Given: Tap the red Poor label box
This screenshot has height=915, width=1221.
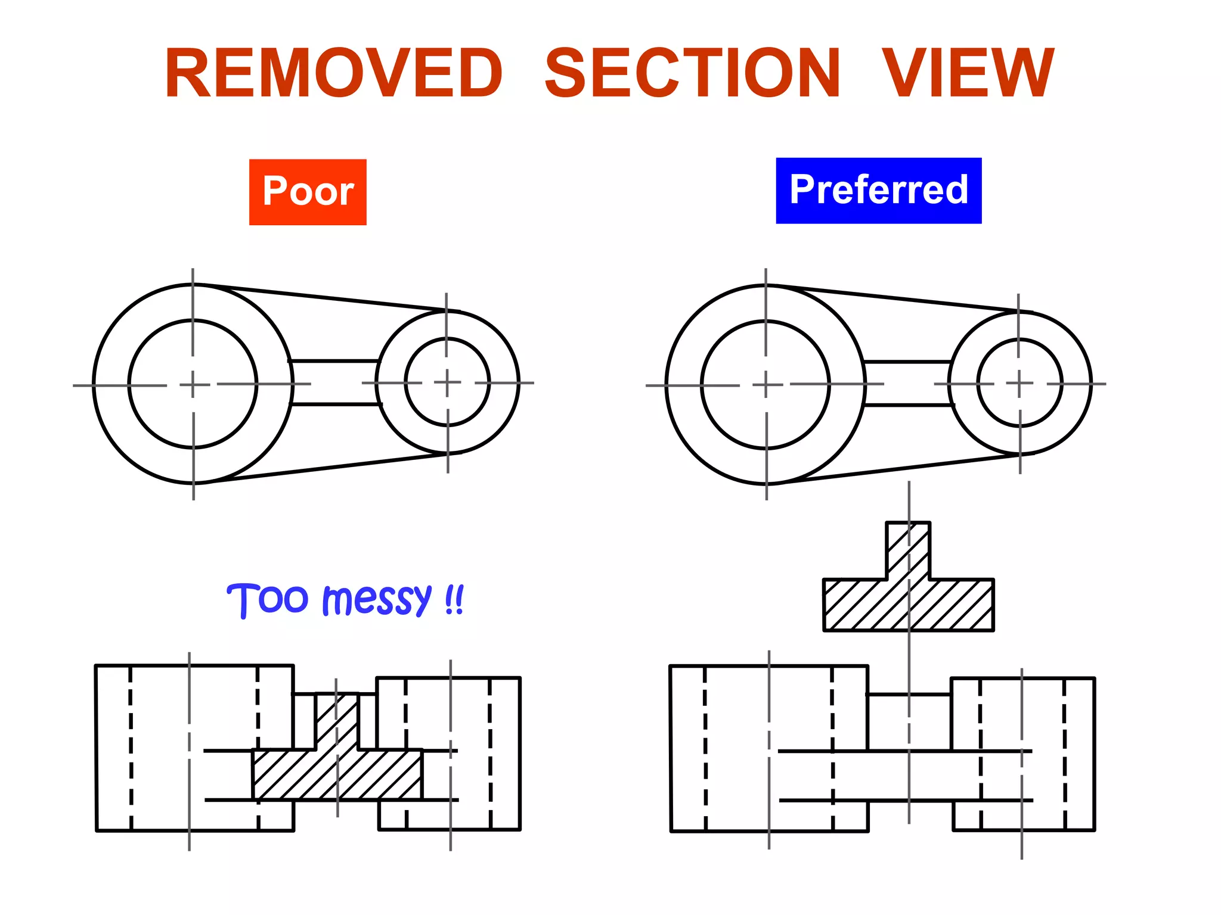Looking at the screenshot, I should pyautogui.click(x=308, y=192).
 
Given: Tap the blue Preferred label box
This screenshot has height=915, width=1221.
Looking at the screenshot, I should pyautogui.click(x=878, y=191).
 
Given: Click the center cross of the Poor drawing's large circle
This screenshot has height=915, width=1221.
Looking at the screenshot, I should pyautogui.click(x=193, y=385).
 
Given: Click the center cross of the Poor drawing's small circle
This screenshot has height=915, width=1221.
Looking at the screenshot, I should pyautogui.click(x=447, y=382).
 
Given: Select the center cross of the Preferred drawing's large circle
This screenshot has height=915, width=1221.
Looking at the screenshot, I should pyautogui.click(x=766, y=385).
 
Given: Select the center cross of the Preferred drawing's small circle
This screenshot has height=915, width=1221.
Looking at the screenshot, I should pyautogui.click(x=1019, y=384).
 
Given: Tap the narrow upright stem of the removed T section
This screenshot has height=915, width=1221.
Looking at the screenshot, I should pyautogui.click(x=907, y=548).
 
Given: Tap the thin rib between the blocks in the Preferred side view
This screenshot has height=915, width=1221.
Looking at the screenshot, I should pyautogui.click(x=909, y=721).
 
